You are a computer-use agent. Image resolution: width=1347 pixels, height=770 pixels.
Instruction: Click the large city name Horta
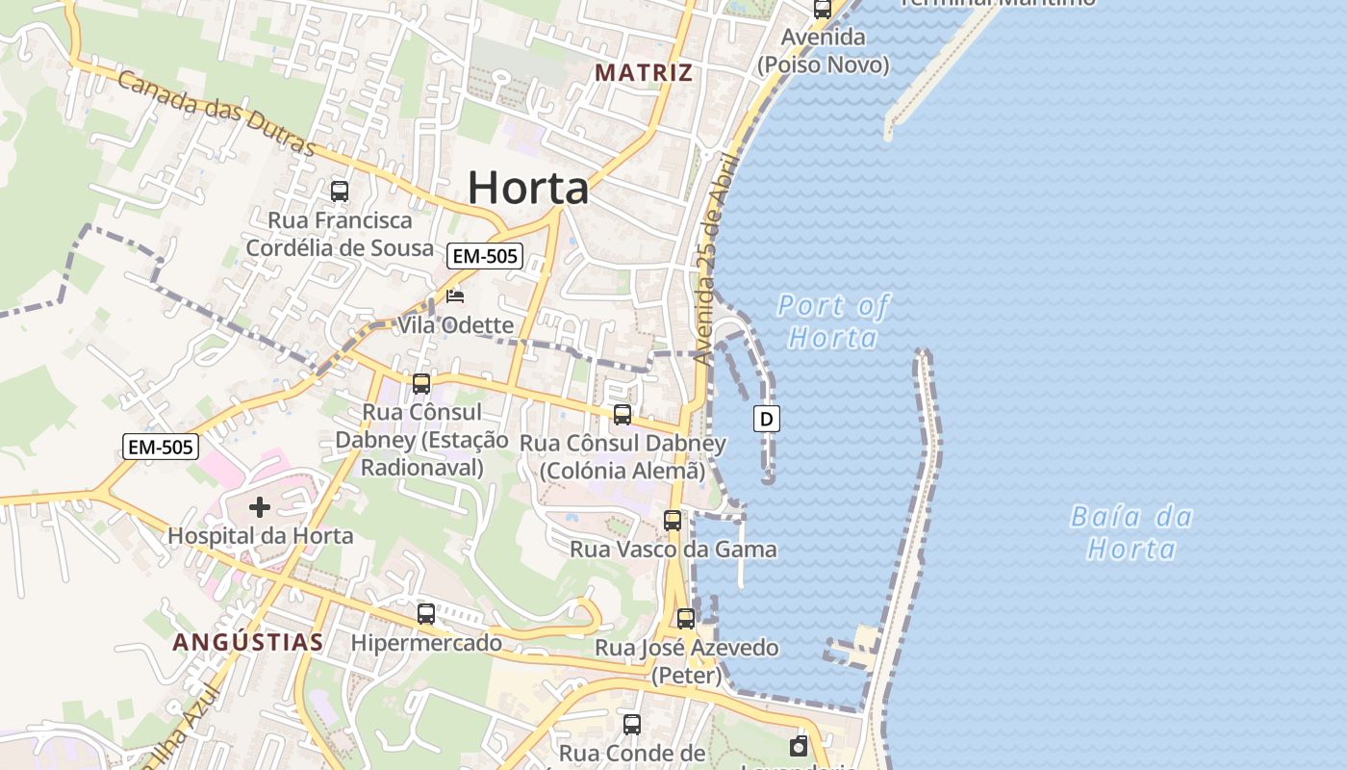[x=528, y=188]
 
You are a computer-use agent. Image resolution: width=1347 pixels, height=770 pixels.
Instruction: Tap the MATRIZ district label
[x=644, y=73]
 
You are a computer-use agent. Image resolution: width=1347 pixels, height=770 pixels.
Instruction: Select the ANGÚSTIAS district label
[x=248, y=642]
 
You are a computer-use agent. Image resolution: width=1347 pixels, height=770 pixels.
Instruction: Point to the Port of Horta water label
[x=833, y=321]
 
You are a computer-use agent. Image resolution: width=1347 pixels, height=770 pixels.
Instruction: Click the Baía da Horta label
[x=1132, y=533]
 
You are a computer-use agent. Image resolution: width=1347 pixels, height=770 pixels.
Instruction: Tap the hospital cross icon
[x=259, y=506]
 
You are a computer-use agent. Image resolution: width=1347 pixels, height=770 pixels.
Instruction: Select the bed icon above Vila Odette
[x=455, y=296]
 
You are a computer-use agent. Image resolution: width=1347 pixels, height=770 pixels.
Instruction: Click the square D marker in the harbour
[x=767, y=419]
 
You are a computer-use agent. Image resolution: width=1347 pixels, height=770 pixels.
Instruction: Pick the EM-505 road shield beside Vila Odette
[x=485, y=256]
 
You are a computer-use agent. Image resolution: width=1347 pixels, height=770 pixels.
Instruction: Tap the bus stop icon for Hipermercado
[x=426, y=613]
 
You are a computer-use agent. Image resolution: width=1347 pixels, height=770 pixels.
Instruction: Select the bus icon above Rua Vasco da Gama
[x=673, y=521]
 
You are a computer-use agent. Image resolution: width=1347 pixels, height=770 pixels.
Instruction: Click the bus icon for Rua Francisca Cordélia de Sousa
[x=340, y=191]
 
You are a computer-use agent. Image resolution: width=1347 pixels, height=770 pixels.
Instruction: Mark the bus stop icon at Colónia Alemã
[x=623, y=415]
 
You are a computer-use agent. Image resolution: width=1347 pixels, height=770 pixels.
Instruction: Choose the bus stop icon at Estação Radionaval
[x=421, y=384]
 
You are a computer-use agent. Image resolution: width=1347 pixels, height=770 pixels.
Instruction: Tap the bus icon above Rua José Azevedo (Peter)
[x=686, y=619]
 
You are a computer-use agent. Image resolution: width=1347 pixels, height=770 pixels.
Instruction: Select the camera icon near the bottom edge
[x=799, y=746]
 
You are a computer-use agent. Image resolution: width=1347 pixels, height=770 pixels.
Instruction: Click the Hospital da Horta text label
[x=261, y=536]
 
